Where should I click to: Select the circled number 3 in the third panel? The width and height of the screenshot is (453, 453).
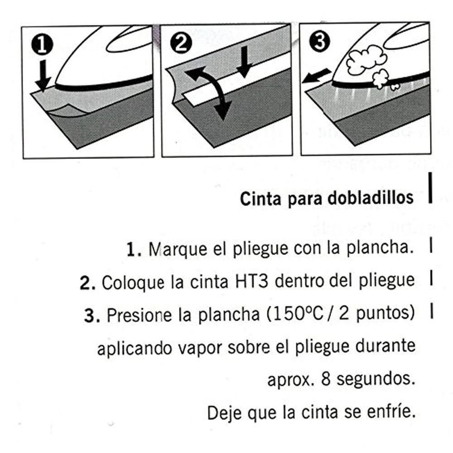pos(320,43)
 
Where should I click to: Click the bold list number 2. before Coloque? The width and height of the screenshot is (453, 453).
pos(86,282)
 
